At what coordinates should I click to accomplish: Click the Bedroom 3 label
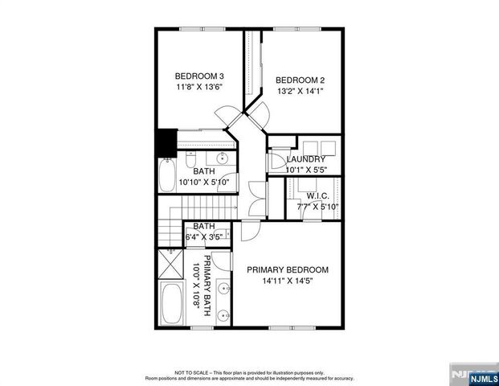(198, 77)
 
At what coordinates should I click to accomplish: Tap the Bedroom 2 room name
(300, 80)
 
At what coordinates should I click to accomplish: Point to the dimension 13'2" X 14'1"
(300, 91)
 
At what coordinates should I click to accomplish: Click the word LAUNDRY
(305, 159)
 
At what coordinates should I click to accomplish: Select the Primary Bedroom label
(288, 269)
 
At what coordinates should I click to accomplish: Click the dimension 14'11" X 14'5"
(288, 281)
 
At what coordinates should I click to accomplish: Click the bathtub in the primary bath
(170, 304)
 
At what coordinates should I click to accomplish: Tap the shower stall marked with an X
(170, 263)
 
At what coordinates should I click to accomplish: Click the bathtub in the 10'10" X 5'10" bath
(167, 175)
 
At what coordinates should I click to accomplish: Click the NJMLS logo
(472, 376)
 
